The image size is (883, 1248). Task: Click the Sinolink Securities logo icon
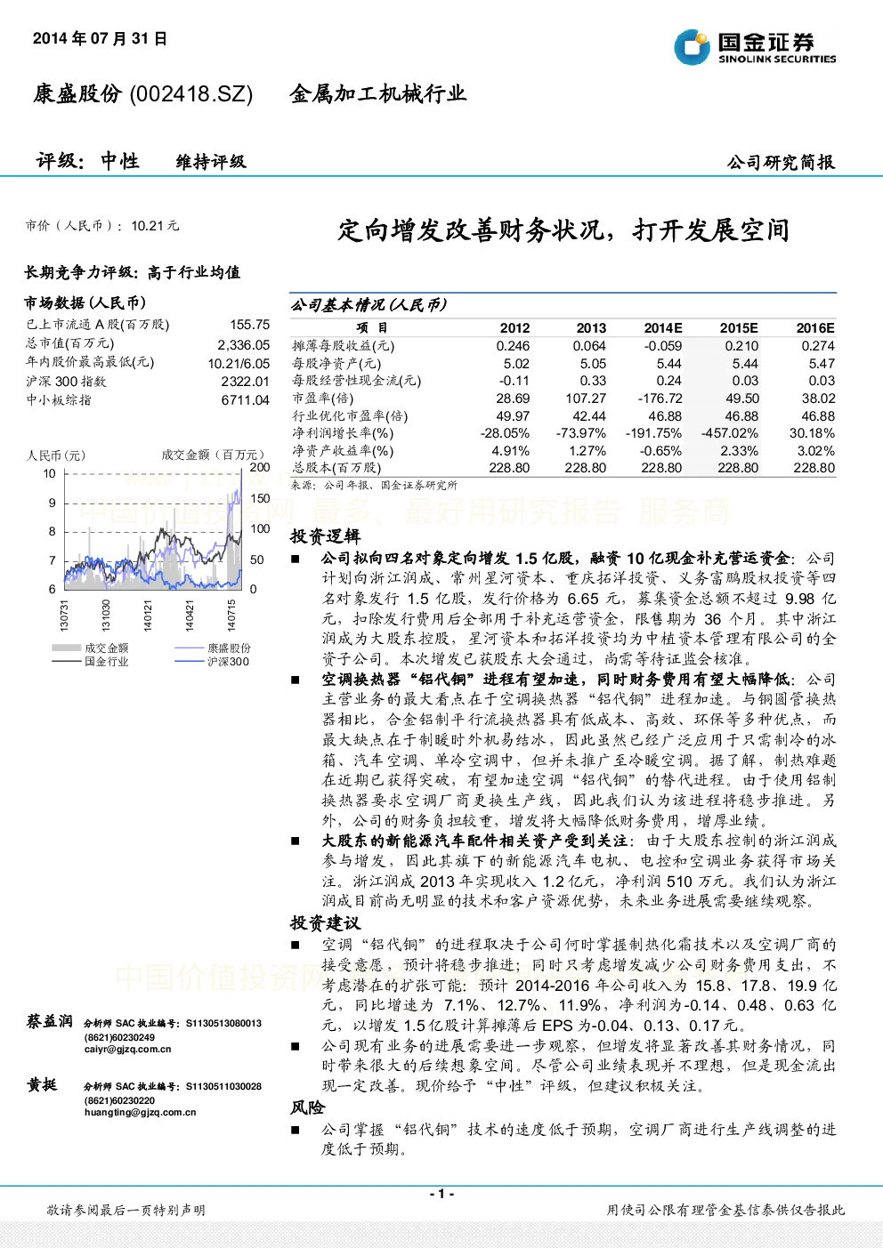coord(692,47)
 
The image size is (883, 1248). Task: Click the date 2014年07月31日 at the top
coord(100,38)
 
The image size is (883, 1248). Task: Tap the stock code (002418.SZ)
coord(191,94)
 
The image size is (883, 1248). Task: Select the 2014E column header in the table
coord(663,328)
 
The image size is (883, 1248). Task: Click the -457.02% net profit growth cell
coord(730,433)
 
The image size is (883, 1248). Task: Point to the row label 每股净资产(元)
coord(336,364)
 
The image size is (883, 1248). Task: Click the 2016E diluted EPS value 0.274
coord(818,346)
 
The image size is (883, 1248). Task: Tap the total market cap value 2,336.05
coord(244,345)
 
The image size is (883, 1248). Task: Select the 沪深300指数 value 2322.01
coord(246,382)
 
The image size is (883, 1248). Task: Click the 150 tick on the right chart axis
coord(260,499)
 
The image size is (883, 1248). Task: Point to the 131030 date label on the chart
coord(106,615)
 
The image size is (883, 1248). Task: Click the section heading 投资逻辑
coord(325,536)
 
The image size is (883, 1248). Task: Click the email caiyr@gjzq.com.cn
coord(127,1049)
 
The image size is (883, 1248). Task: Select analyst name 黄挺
coord(42,1084)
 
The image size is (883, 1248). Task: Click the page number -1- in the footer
coord(441,1193)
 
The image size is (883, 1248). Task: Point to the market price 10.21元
coord(155,226)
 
